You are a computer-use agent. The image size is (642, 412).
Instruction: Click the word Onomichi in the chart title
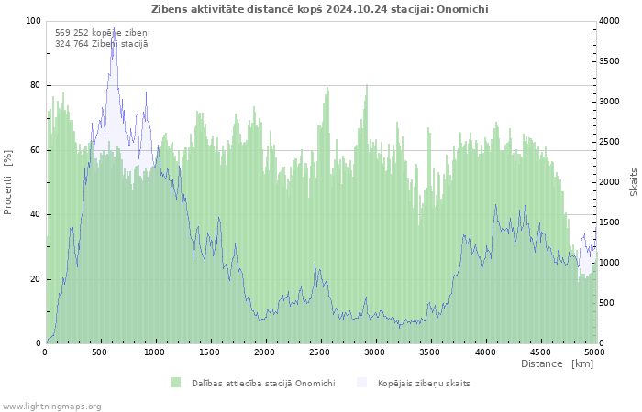tap(462, 9)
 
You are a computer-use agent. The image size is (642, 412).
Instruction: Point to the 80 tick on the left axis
tap(35, 85)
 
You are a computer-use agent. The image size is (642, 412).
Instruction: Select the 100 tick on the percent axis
tap(33, 21)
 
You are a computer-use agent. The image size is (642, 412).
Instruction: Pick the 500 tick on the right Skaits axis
tap(607, 303)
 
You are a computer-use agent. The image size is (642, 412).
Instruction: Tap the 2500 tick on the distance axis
tap(319, 352)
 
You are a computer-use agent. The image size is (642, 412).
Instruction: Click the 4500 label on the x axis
tap(540, 352)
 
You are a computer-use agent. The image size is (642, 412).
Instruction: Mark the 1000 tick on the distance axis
tap(154, 352)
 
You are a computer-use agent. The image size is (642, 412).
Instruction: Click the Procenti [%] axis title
tap(7, 182)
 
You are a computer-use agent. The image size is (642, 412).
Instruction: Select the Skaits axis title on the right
tap(634, 182)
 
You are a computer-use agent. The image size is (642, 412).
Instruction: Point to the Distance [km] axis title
tap(557, 363)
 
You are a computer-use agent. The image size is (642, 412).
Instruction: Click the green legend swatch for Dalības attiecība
tap(176, 383)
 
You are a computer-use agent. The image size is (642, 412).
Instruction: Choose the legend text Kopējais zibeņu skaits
tap(424, 384)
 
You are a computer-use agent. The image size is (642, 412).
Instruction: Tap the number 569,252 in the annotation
tap(72, 33)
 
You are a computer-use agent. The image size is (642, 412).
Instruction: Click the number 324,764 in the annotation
tap(72, 44)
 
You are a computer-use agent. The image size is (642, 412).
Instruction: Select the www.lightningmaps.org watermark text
tap(51, 407)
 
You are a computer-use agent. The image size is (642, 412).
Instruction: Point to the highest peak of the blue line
tap(115, 27)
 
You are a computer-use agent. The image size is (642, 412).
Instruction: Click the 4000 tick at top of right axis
tap(610, 21)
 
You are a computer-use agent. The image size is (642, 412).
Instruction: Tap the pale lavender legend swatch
tap(362, 383)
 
